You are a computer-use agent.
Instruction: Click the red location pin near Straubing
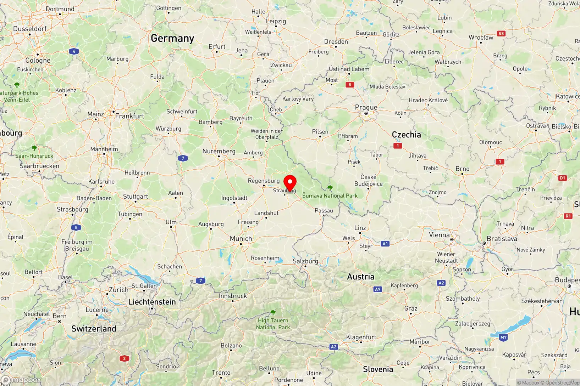point(290,183)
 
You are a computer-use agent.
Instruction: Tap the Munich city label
point(241,239)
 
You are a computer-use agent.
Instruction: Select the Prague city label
point(366,107)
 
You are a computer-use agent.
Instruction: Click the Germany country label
point(172,38)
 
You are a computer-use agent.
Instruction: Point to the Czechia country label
point(406,135)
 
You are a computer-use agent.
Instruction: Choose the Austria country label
point(360,277)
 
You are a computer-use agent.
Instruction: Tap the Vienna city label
point(439,235)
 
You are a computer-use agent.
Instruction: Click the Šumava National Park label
point(330,195)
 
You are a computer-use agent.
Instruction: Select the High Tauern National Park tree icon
point(273,312)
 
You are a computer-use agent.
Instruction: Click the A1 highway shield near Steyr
point(385,244)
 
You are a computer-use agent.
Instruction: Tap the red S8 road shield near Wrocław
point(501,34)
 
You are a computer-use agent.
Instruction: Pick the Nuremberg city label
point(219,151)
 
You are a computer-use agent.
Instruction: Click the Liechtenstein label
point(152,302)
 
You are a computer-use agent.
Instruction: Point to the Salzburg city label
point(305,261)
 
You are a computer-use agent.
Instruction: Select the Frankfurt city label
point(129,116)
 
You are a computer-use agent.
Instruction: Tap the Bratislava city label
point(502,239)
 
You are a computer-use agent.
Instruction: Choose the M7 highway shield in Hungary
point(503,337)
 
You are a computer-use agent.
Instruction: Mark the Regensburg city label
point(264,181)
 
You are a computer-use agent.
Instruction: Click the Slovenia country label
point(378,369)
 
